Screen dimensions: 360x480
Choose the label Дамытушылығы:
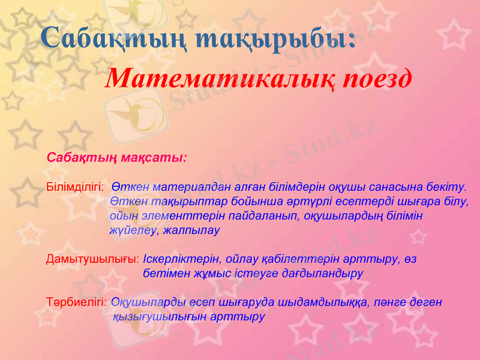[93, 260]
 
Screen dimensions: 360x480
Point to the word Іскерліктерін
[181, 260]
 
